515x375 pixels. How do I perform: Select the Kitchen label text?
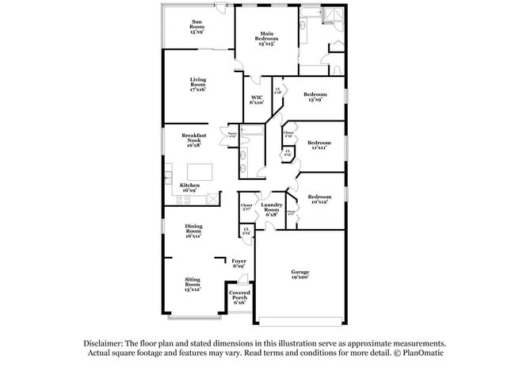(189, 185)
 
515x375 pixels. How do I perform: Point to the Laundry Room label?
(272, 208)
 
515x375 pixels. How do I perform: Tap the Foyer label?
(238, 261)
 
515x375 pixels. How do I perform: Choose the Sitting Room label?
(193, 281)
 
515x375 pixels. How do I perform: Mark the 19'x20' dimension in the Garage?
(299, 278)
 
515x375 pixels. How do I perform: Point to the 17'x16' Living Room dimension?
(198, 90)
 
